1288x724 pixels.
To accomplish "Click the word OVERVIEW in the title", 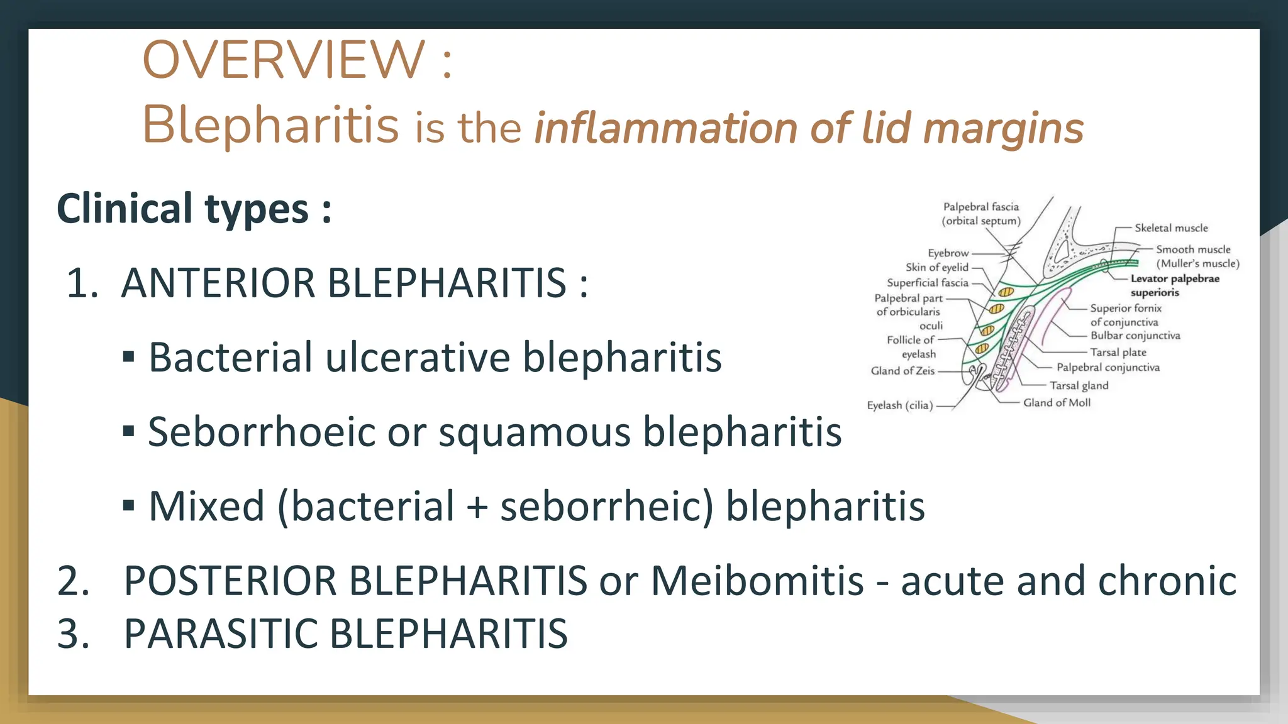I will pyautogui.click(x=284, y=60).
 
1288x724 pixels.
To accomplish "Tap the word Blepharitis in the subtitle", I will pyautogui.click(x=271, y=124).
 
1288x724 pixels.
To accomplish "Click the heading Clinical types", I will pyautogui.click(x=194, y=209).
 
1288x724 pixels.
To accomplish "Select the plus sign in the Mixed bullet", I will pyautogui.click(x=477, y=507).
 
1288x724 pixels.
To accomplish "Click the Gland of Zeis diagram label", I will pyautogui.click(x=902, y=371).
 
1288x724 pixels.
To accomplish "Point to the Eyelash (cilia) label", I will pyautogui.click(x=899, y=405).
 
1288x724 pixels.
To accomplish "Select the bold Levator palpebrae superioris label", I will pyautogui.click(x=1174, y=285).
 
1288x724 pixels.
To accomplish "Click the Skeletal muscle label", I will pyautogui.click(x=1171, y=228).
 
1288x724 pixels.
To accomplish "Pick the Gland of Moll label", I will pyautogui.click(x=1057, y=403).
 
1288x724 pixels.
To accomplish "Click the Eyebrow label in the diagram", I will pyautogui.click(x=948, y=253).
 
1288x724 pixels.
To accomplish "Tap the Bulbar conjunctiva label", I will pyautogui.click(x=1135, y=336).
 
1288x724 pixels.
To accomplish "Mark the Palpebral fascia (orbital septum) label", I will pyautogui.click(x=980, y=214).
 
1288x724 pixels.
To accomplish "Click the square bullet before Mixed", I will pyautogui.click(x=129, y=505).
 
